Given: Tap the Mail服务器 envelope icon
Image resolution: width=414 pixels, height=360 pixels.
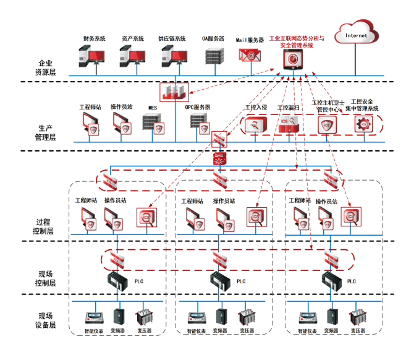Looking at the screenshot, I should pyautogui.click(x=250, y=56).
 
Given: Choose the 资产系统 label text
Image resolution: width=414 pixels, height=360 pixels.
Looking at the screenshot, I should pyautogui.click(x=133, y=38).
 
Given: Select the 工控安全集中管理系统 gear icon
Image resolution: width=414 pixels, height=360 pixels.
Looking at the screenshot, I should pyautogui.click(x=361, y=124).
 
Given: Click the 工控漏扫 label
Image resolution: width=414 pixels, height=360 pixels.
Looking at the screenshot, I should pyautogui.click(x=288, y=107).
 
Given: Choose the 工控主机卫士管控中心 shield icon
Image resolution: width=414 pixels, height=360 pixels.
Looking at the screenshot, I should pyautogui.click(x=326, y=124).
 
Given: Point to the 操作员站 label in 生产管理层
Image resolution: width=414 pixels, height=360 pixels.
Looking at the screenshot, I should pyautogui.click(x=122, y=106).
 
